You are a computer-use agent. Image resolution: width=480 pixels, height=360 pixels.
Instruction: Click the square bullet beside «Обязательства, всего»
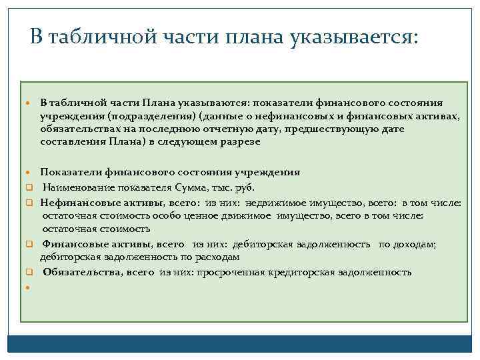[x=29, y=273]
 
